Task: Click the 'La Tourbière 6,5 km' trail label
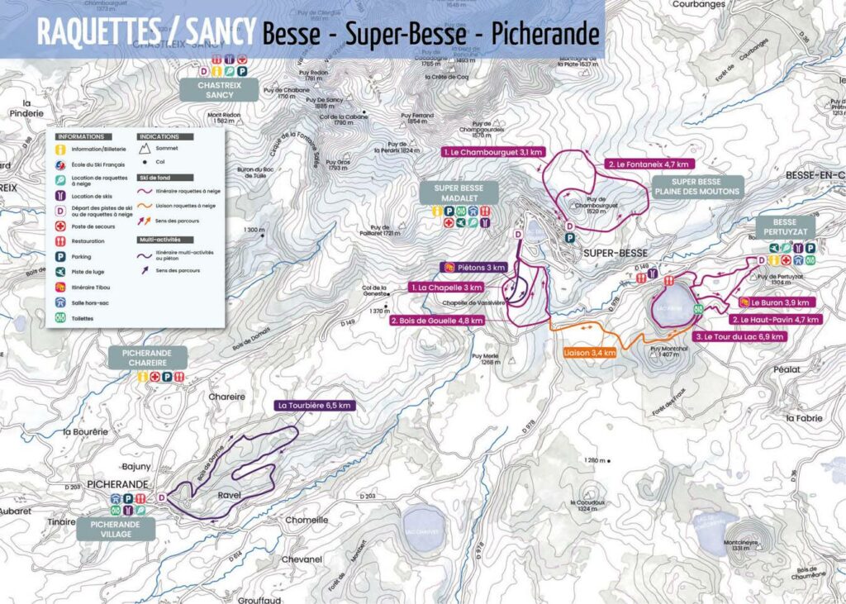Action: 316,406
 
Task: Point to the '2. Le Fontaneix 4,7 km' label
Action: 641,164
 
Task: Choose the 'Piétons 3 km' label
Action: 473,267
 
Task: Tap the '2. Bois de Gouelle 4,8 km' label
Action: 436,320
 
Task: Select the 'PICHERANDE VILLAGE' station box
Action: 116,529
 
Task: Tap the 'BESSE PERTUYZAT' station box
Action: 785,227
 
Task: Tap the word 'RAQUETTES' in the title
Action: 97,33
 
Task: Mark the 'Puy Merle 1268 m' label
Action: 486,360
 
